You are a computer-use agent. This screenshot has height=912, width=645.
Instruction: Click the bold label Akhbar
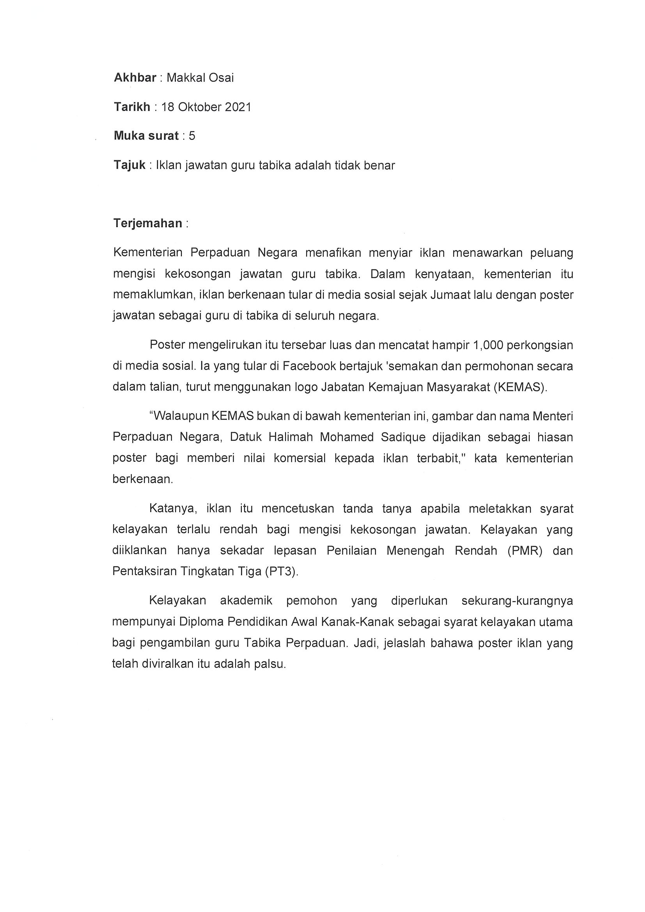(x=135, y=78)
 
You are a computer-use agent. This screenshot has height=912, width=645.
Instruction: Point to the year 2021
(x=238, y=107)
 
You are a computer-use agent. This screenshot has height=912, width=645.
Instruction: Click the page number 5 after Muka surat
(x=192, y=136)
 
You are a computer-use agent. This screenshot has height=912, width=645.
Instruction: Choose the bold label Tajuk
(x=129, y=165)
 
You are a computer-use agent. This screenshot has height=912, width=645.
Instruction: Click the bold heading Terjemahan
(x=148, y=223)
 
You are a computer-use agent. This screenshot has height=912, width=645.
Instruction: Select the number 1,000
(x=489, y=345)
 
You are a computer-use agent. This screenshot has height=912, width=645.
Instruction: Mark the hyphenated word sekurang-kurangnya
(x=517, y=600)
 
